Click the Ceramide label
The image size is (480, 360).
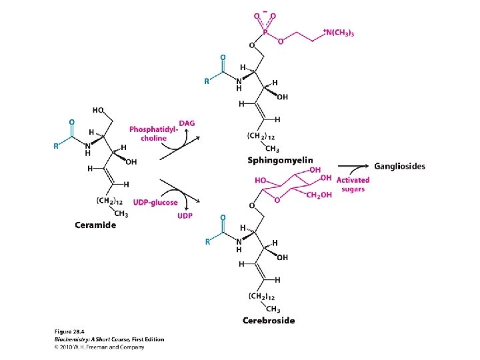pos(95,225)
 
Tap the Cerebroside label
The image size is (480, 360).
pos(269,321)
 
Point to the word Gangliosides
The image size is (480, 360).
pos(399,166)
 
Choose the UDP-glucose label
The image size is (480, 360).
pos(155,202)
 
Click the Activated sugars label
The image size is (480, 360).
pos(353,185)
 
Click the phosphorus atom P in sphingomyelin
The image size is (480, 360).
pos(265,31)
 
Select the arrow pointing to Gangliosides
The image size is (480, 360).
pos(353,167)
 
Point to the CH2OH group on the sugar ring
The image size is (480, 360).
pos(321,195)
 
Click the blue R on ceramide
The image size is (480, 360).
pos(56,146)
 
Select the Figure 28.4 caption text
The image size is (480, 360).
pos(71,331)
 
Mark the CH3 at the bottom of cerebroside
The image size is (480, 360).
pos(273,308)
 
